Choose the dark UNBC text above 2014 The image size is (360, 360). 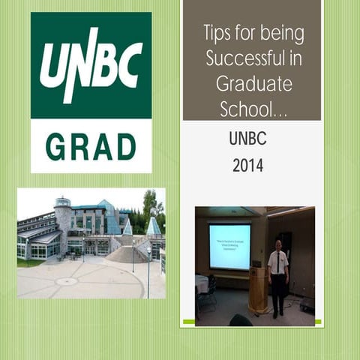247,139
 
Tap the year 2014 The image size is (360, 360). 247,165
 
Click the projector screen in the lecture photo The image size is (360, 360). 229,246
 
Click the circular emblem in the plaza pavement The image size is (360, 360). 67,281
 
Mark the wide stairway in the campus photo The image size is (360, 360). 127,253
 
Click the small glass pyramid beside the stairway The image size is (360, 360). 153,226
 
